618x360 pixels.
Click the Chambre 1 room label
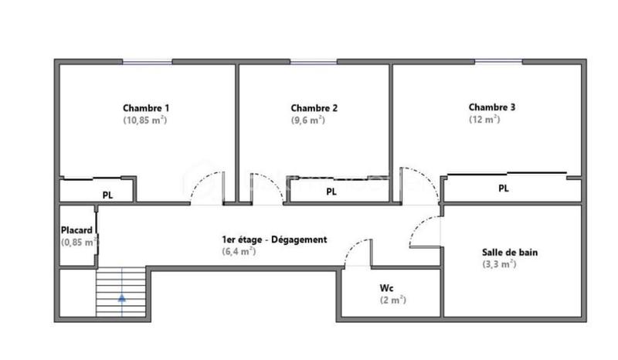point(146,107)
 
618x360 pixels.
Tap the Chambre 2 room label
point(314,107)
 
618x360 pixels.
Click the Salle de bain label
point(510,252)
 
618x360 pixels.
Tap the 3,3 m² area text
point(498,263)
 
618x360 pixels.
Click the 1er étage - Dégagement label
point(273,239)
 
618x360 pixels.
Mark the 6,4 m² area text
point(238,251)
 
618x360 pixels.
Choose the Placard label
point(77,230)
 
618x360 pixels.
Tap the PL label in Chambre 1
point(107,195)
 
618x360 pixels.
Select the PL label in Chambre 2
point(331,192)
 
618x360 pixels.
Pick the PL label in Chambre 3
point(504,188)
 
